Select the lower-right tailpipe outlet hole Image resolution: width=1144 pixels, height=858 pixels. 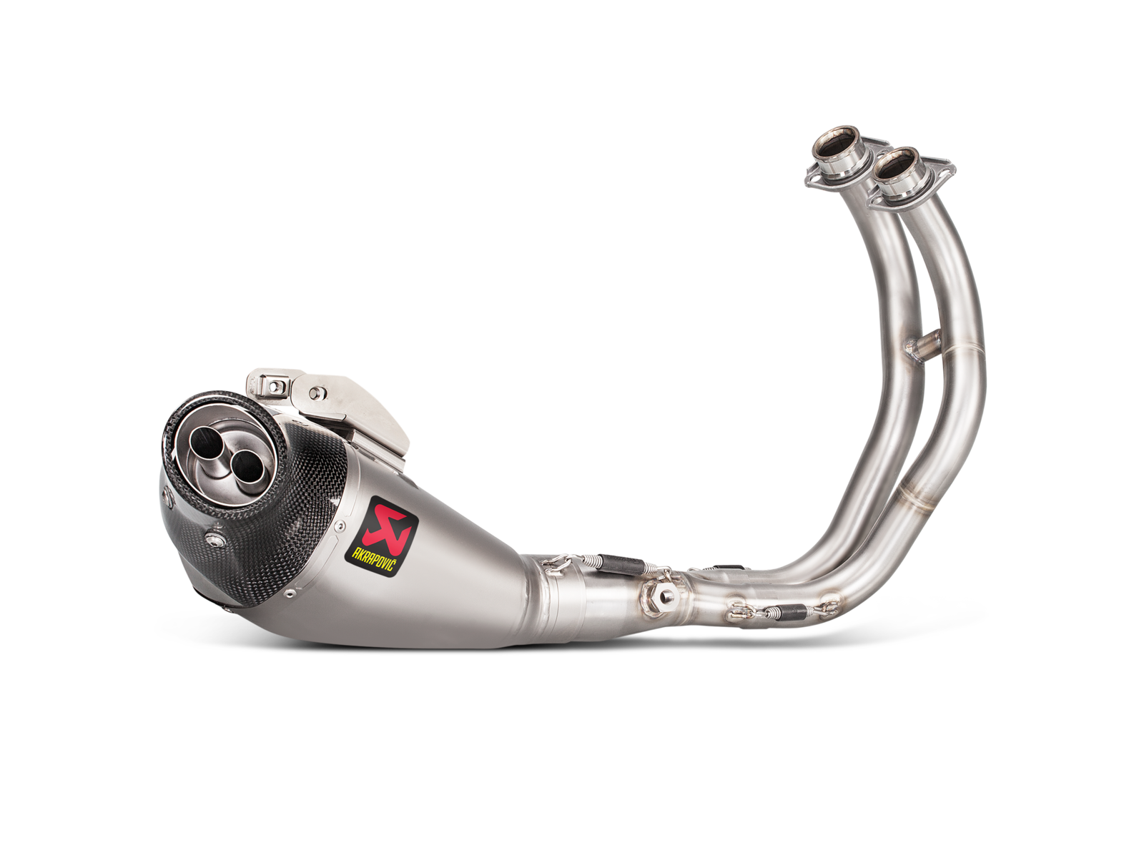point(247,466)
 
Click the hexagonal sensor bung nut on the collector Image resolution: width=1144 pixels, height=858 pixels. point(665,596)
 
